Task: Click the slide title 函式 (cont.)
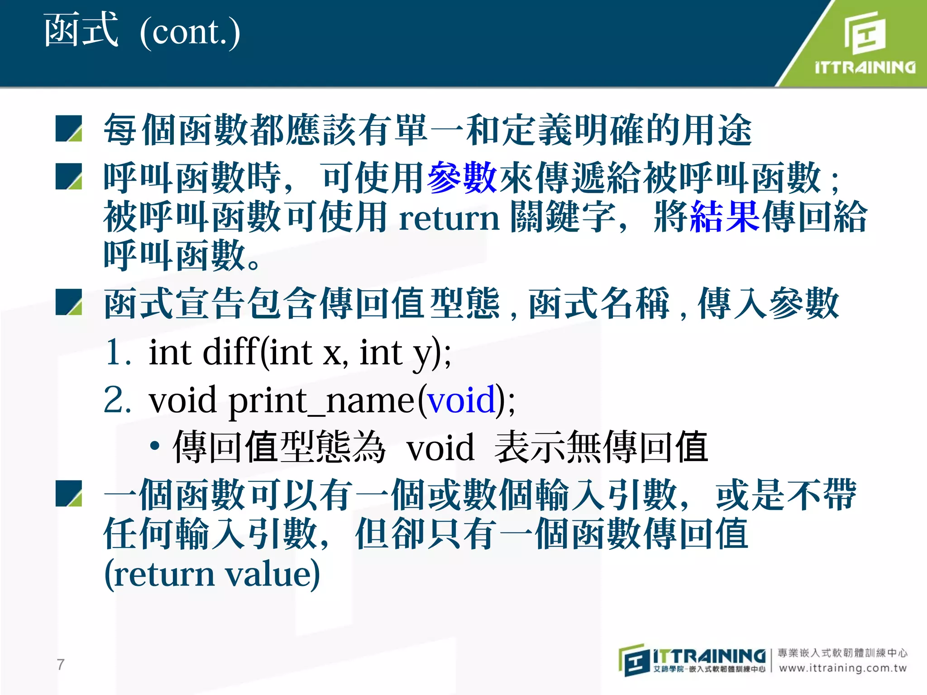(141, 32)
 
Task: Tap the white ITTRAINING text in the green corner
(865, 68)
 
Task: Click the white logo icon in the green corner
(865, 33)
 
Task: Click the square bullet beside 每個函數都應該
(69, 129)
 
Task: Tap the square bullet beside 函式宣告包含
(69, 302)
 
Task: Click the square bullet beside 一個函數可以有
(69, 494)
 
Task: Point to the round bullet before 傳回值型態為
(155, 446)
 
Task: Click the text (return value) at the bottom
(212, 574)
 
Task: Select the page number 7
(61, 664)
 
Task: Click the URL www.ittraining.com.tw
(843, 668)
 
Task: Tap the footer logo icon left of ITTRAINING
(634, 660)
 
